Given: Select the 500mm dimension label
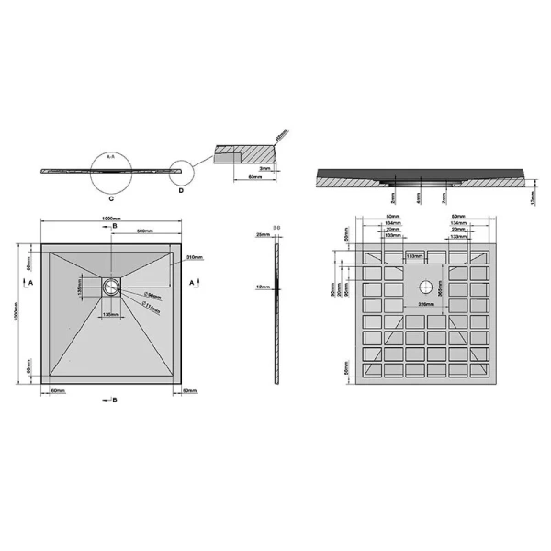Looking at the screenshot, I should click(x=144, y=230).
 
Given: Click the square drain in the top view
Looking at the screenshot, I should click(x=112, y=285).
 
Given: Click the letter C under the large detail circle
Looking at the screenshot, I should click(x=110, y=197).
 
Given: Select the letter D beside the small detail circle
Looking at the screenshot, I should click(x=181, y=191).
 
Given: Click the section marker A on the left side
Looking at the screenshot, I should click(x=31, y=285).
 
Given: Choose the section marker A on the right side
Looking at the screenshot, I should click(x=191, y=285).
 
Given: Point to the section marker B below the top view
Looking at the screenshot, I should click(x=113, y=400).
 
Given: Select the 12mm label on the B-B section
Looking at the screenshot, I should click(x=261, y=286).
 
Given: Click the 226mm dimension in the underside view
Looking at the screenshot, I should click(x=425, y=304).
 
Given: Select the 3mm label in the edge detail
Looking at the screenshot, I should click(x=263, y=169).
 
